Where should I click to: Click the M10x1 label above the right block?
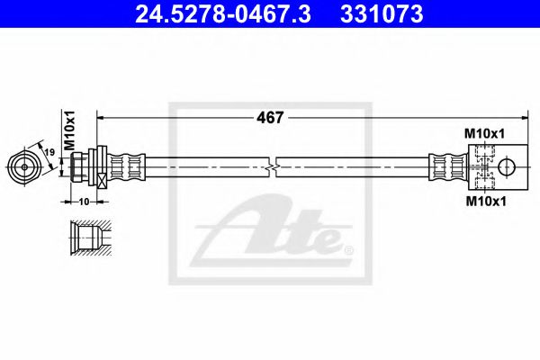[484, 133]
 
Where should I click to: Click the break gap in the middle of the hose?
[274, 167]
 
